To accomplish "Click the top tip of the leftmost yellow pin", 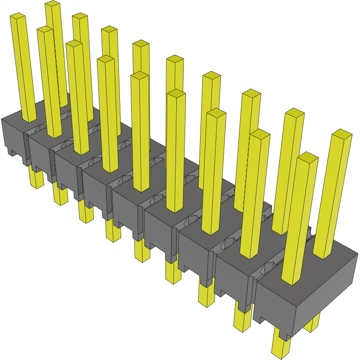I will pos(17,17).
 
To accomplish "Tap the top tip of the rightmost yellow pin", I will pos(341,134).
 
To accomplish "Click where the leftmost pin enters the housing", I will pos(30,119).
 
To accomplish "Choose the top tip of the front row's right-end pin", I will pos(308,157).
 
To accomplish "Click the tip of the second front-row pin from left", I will pos(45,29).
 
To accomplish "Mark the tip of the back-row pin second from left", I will pos(80,16).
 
